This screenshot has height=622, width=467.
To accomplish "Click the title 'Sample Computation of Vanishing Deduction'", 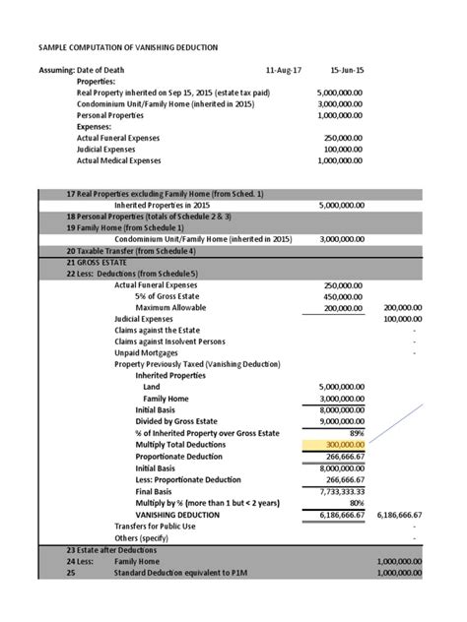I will (x=128, y=47).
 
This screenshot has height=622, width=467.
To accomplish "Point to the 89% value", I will (x=356, y=433).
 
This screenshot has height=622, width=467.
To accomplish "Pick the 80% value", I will (x=356, y=502).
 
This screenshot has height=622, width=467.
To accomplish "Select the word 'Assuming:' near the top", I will (x=58, y=71).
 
